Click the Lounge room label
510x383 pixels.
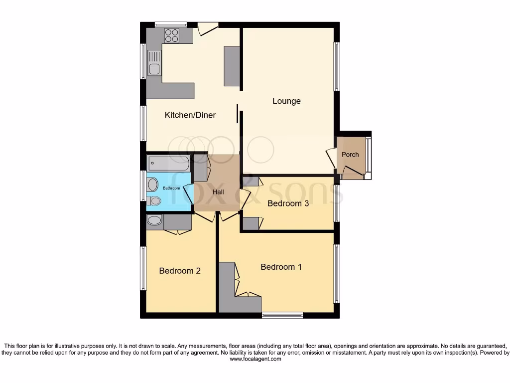pyautogui.click(x=286, y=101)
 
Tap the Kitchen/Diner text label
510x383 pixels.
pyautogui.click(x=190, y=115)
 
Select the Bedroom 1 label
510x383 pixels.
pyautogui.click(x=281, y=267)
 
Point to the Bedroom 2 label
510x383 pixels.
pyautogui.click(x=180, y=271)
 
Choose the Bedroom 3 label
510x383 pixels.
pyautogui.click(x=291, y=203)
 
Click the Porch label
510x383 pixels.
pyautogui.click(x=350, y=155)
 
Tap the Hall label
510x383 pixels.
pyautogui.click(x=218, y=192)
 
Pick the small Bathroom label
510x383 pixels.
pyautogui.click(x=171, y=188)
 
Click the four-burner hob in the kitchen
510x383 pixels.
pyautogui.click(x=172, y=35)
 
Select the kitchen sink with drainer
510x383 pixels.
pyautogui.click(x=154, y=63)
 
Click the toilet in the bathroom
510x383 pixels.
pyautogui.click(x=154, y=200)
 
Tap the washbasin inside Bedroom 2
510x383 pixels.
pyautogui.click(x=155, y=220)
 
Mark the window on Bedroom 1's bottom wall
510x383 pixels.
pyautogui.click(x=282, y=315)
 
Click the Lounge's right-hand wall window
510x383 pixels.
pyautogui.click(x=337, y=66)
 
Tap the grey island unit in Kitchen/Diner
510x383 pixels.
pyautogui.click(x=232, y=66)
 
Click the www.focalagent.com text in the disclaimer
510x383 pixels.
pyautogui.click(x=255, y=359)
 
